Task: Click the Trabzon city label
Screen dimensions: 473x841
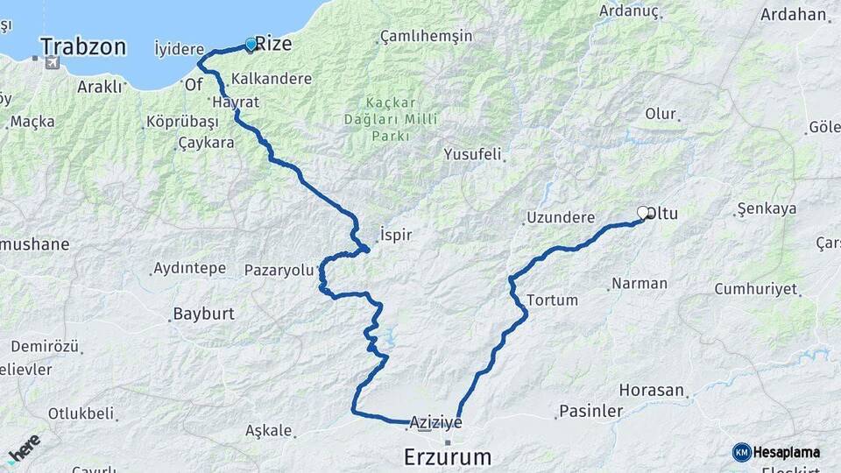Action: (83, 46)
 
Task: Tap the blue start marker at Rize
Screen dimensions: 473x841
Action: (251, 45)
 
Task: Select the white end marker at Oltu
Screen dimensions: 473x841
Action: (643, 213)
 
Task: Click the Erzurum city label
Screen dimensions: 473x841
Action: (447, 456)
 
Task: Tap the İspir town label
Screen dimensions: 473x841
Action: (395, 235)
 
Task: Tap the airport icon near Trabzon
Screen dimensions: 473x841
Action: (52, 63)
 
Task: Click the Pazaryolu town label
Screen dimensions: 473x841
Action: (279, 270)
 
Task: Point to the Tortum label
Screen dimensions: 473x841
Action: (553, 300)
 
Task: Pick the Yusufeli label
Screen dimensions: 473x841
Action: (473, 155)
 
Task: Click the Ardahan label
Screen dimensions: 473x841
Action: (794, 14)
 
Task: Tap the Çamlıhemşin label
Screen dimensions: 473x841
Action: (426, 37)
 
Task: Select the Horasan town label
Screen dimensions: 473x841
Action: (652, 389)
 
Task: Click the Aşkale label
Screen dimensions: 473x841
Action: (268, 432)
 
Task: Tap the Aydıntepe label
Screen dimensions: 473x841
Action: (189, 268)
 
